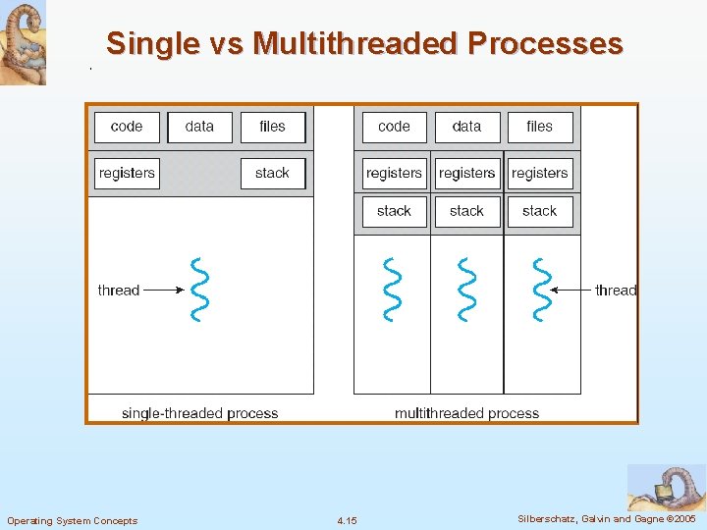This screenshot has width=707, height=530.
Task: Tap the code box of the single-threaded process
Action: (127, 127)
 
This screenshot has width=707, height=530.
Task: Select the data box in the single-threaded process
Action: (199, 127)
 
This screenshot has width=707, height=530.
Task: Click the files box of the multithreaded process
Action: (539, 127)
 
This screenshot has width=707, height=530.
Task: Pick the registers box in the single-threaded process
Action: (127, 174)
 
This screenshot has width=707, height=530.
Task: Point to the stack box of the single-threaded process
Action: (272, 174)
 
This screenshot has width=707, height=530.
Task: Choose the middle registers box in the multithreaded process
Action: (466, 174)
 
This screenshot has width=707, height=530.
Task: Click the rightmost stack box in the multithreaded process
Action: (539, 211)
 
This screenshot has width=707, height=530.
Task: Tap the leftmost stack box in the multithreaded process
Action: (394, 211)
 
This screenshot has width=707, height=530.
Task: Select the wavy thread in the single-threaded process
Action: (199, 290)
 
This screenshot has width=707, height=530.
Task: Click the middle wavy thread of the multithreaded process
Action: (466, 290)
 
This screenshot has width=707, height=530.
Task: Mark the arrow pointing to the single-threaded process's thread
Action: (164, 290)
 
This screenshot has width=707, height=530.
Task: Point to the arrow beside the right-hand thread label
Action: (571, 290)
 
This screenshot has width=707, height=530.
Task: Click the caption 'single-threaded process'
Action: (199, 413)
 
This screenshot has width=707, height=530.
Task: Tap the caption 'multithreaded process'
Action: (466, 413)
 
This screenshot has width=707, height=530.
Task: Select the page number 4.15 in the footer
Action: (347, 520)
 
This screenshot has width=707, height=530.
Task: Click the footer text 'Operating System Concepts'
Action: (73, 520)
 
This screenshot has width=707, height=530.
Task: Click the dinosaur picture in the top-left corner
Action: (23, 43)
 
